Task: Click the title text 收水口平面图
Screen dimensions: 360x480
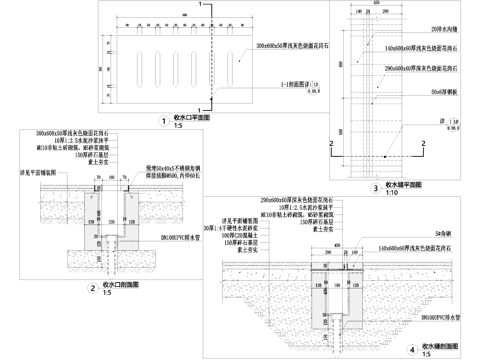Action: click(x=193, y=118)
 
